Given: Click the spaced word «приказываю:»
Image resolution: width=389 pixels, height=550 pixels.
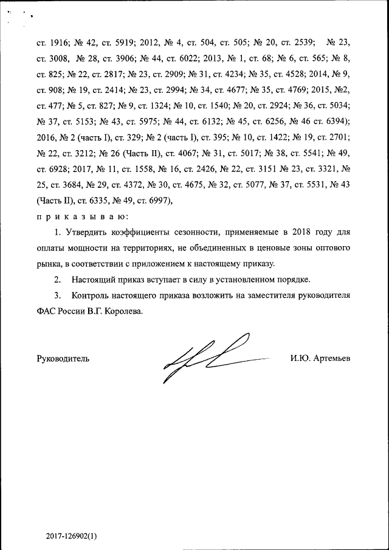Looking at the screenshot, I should pyautogui.click(x=81, y=216).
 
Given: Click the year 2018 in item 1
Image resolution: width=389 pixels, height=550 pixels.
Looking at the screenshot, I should pyautogui.click(x=284, y=232).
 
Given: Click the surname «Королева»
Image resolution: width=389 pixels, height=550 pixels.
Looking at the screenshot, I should pyautogui.click(x=125, y=311).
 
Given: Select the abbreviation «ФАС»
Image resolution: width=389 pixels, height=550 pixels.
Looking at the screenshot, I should pyautogui.click(x=46, y=311).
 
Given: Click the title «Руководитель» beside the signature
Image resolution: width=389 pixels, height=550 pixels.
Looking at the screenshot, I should pyautogui.click(x=63, y=359).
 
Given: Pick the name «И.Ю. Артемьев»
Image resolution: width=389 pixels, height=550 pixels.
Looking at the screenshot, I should pyautogui.click(x=320, y=359).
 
